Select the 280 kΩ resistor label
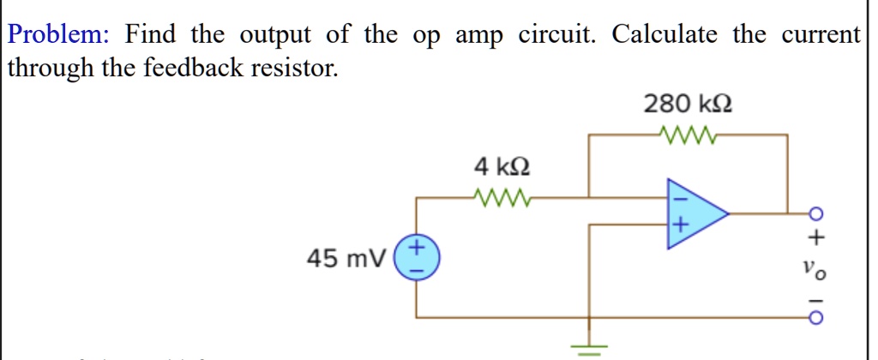click(x=688, y=104)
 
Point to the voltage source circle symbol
click(x=416, y=257)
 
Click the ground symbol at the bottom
click(x=588, y=349)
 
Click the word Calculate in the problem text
click(x=665, y=35)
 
